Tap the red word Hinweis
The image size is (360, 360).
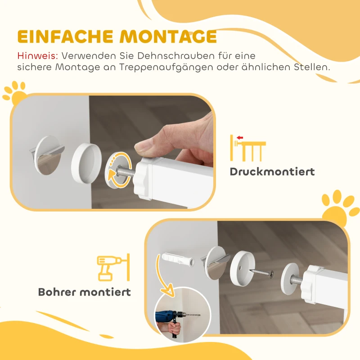(x=37, y=56)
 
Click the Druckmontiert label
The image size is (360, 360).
(x=272, y=171)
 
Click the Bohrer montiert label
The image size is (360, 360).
(x=85, y=292)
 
